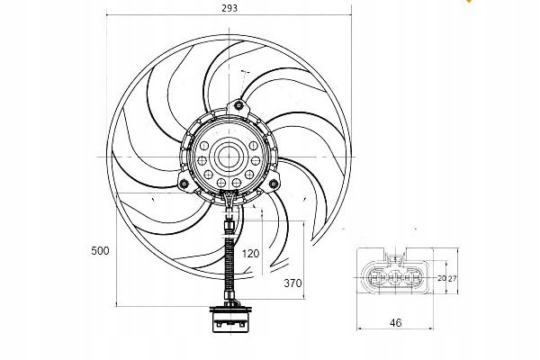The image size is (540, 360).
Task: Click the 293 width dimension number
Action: pos(229,8)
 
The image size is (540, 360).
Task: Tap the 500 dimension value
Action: pos(100,251)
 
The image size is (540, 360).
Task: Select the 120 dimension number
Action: pos(250,254)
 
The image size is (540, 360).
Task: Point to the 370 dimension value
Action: pos(292,283)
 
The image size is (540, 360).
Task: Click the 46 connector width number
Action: pos(396,323)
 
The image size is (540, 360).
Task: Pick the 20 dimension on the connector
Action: pos(442,278)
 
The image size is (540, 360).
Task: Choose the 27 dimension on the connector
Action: pos(452,278)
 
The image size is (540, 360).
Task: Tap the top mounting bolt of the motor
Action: pos(238,105)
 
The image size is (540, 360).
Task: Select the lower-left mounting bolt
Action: pos(184,184)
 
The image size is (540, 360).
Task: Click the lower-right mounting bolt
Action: pos(273,184)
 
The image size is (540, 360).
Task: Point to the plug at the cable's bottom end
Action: pos(230,319)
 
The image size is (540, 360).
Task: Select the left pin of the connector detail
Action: pos(375,277)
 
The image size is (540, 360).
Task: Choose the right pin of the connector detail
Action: pos(411,277)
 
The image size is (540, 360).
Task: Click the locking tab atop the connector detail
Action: pos(395,258)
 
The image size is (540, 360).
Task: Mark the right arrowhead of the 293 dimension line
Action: pos(349,14)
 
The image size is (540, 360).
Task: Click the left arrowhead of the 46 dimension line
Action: pos(360,328)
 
